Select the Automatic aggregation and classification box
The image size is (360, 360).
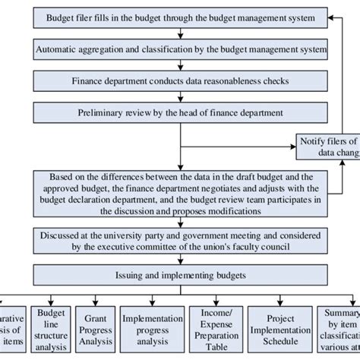click(x=179, y=49)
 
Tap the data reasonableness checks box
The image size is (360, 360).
click(x=179, y=81)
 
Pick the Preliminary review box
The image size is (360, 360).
click(x=179, y=112)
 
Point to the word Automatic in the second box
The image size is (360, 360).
click(x=58, y=49)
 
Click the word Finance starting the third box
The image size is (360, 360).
click(x=90, y=81)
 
